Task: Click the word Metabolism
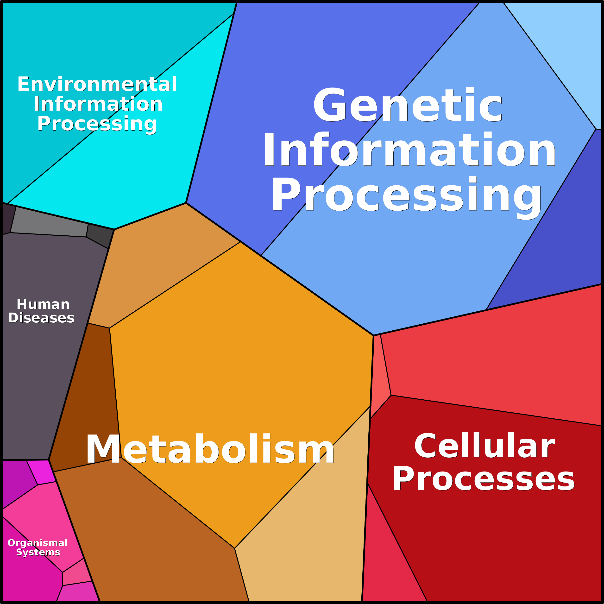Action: [x=210, y=449]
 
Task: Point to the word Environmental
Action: [x=97, y=84]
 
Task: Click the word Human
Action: [x=43, y=304]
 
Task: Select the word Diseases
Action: [x=41, y=318]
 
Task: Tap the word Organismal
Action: [x=38, y=543]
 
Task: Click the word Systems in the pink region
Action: [x=38, y=552]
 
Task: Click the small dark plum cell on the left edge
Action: [x=8, y=219]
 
